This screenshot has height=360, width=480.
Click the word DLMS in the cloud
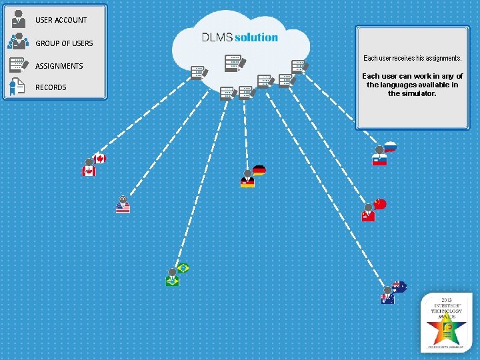pos(217,37)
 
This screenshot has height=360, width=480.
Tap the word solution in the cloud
pos(256,37)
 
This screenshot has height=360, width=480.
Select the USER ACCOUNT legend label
pos(61,20)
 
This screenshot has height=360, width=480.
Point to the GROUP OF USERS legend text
pos(64,43)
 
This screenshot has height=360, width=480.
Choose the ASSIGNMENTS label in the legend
pos(59,66)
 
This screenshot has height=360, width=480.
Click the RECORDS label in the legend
pos(51,87)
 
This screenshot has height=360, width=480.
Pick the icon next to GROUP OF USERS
pos(18,41)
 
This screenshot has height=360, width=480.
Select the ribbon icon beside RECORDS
pos(15,87)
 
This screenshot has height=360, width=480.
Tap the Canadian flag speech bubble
pos(100,159)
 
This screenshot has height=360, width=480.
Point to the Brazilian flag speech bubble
pos(183,268)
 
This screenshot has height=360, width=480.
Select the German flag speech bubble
pos(259,171)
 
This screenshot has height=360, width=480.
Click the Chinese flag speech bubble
pos(380,203)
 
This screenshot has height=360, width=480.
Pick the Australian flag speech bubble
pos(399,287)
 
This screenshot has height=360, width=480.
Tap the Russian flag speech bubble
pos(391,147)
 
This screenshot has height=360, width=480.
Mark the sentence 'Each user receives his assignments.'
pos(412,59)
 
